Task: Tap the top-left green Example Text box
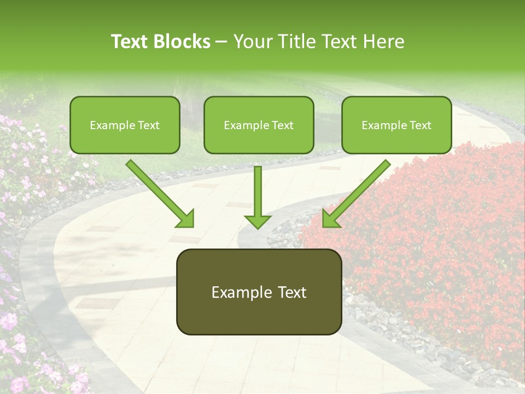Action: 125,125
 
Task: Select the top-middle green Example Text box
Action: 259,125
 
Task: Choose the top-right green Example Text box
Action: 396,125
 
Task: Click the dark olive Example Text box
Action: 259,292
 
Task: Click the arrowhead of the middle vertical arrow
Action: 258,222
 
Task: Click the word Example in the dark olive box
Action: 238,292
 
